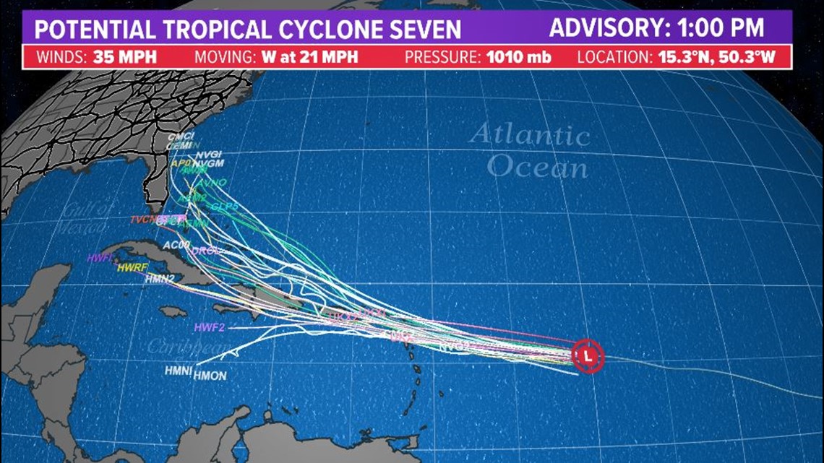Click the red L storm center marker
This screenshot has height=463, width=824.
tap(587, 355)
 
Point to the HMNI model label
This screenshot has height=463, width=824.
tap(178, 371)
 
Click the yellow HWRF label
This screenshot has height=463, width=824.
tap(132, 268)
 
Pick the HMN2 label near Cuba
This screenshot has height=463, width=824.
tap(160, 278)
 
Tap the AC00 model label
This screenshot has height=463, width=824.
tap(176, 245)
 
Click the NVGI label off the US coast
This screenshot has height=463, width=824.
tap(207, 155)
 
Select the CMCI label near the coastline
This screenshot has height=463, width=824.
tap(180, 137)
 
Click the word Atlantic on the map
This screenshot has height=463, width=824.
tap(529, 135)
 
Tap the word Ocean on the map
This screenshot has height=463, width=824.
tap(536, 167)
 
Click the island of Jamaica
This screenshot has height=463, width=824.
tap(173, 311)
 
